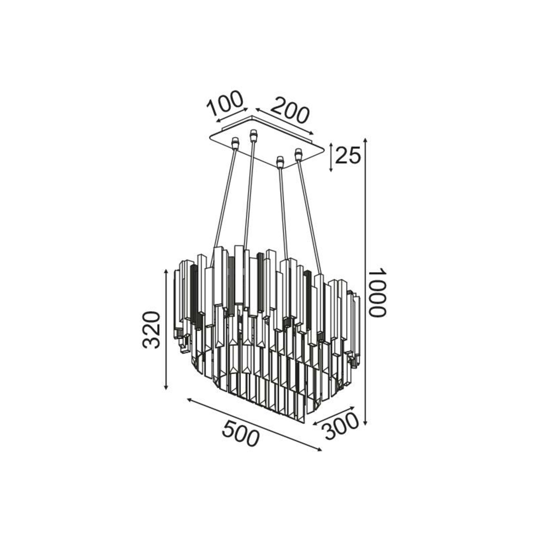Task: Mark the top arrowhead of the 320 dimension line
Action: point(166,272)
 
